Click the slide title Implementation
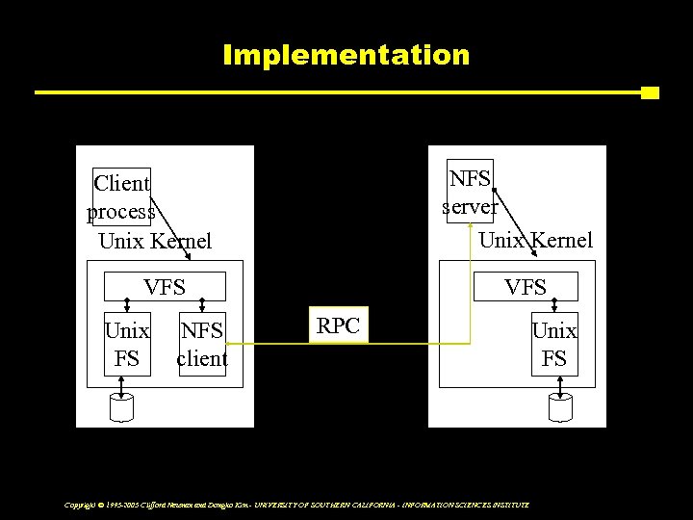tap(346, 54)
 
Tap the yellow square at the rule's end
tap(650, 93)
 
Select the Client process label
tap(121, 196)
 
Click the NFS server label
tap(471, 192)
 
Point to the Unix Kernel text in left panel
tap(155, 240)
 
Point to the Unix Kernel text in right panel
tap(536, 240)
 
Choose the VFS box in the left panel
tap(165, 286)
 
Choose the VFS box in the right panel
tap(526, 286)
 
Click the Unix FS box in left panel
tap(127, 345)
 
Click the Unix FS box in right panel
tap(555, 345)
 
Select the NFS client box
tap(202, 345)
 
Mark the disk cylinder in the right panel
tap(559, 408)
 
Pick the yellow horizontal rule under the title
tap(337, 93)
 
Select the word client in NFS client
tap(202, 359)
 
